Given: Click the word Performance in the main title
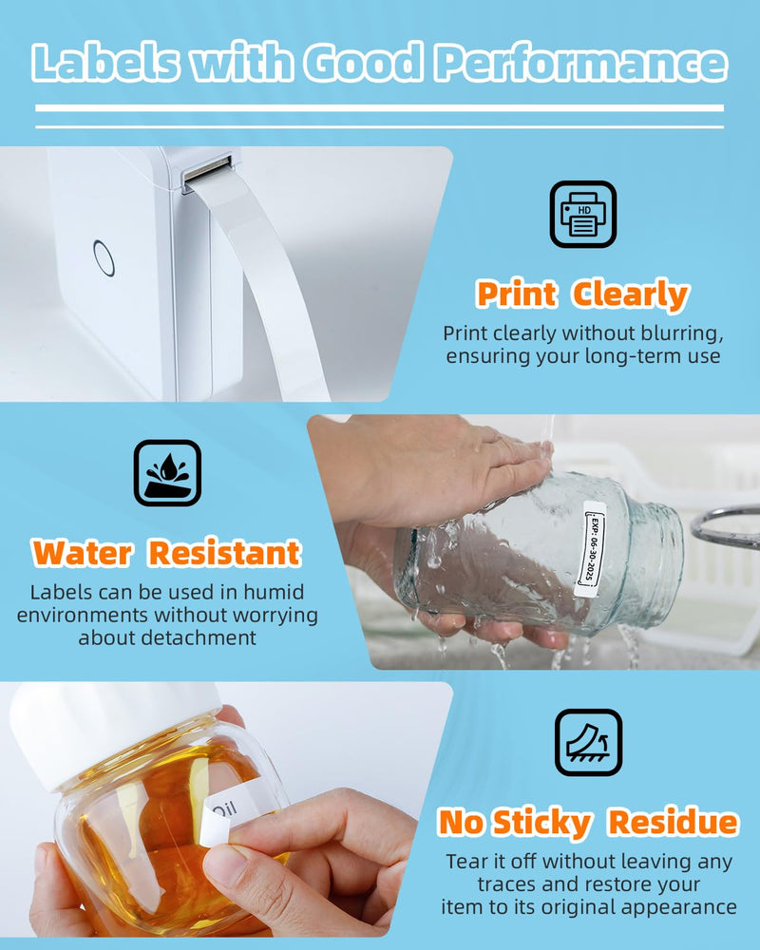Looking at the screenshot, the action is click(x=581, y=63).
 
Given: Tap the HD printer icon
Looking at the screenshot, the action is click(x=583, y=215).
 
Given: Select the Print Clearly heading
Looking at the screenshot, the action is click(x=582, y=295).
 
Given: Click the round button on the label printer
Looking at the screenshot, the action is click(x=104, y=258).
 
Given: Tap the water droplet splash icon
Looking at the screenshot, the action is click(x=167, y=473).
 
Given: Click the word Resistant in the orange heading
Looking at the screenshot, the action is click(x=225, y=553).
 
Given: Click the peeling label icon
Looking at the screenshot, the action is click(x=588, y=742).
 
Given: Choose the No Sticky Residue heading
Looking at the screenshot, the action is click(x=588, y=823).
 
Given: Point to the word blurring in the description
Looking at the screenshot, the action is click(x=673, y=333).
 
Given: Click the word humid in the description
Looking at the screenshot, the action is click(x=274, y=592).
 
